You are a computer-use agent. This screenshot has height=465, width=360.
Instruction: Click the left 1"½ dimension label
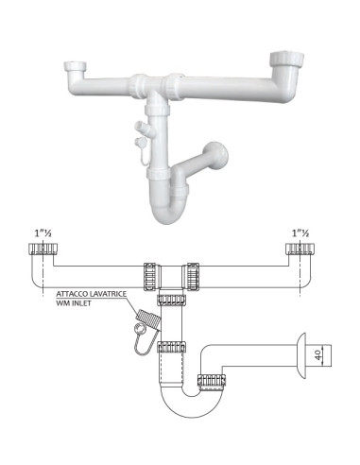point(43,233)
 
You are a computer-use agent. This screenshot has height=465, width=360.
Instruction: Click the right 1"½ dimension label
point(300,233)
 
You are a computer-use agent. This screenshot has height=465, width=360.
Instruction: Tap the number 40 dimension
point(318,355)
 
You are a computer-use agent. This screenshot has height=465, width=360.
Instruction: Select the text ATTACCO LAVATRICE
point(92,294)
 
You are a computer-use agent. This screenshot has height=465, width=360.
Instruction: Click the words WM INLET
point(74,303)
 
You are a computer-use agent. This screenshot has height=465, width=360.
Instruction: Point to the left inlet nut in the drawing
point(43,249)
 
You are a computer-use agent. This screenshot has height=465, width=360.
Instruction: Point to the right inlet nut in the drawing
point(300,249)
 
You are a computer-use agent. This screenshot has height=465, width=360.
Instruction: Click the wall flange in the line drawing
point(301,355)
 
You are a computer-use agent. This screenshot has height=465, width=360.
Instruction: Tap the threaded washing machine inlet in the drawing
point(148,319)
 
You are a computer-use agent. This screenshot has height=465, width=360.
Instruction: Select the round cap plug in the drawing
point(140,329)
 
